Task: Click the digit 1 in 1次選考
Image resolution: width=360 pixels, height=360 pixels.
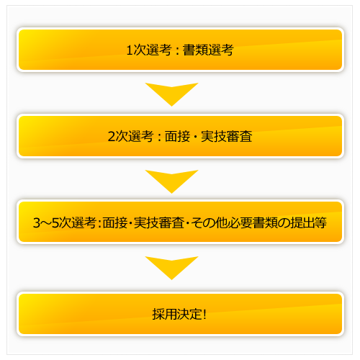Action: pos(130,50)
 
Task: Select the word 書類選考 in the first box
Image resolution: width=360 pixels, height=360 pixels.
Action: pos(208,50)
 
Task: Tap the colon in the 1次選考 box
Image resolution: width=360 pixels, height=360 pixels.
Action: pos(177,51)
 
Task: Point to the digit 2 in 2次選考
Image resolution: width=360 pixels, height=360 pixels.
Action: pos(112,136)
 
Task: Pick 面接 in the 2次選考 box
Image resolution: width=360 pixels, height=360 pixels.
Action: pos(177,136)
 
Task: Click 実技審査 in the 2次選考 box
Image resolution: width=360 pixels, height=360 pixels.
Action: pos(227,136)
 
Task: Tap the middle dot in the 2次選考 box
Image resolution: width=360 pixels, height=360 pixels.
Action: pos(195,137)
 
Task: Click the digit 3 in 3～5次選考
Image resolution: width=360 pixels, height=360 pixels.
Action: pos(37,222)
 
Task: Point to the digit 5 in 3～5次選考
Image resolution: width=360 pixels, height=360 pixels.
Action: pos(55,222)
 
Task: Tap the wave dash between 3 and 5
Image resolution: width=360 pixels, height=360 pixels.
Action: pos(46,223)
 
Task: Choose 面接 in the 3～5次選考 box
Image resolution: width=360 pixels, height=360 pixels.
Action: pos(115,222)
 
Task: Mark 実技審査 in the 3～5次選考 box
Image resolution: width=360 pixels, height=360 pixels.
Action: pos(159,222)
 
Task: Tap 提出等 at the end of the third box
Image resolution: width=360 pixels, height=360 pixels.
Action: pos(308,222)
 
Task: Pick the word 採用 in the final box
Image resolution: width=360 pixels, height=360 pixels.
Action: pos(165,314)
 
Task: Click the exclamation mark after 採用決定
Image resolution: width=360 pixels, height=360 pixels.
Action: pos(204,314)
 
